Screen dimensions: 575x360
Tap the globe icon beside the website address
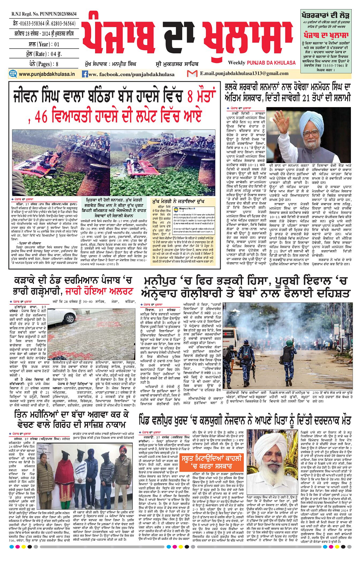13,74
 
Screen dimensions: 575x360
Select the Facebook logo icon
85,74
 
